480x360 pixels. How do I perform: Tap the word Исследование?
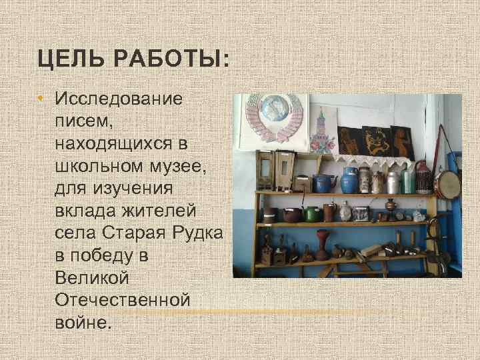click(119, 99)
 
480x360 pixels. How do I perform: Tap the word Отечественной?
click(123, 300)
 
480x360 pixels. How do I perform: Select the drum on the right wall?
click(447, 184)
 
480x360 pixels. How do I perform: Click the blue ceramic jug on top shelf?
click(349, 180)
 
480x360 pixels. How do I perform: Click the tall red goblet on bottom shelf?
click(322, 244)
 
